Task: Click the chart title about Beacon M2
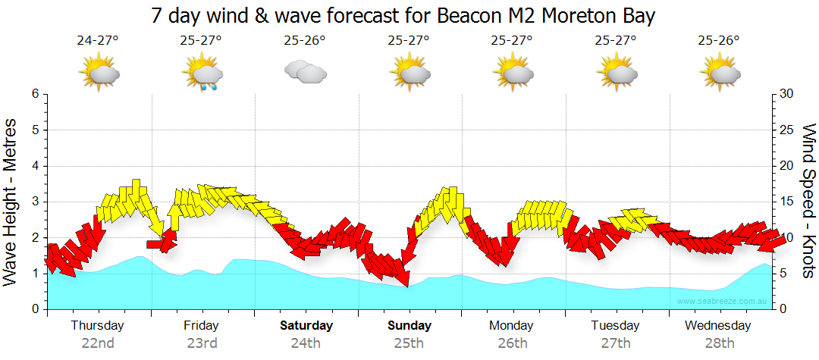click(x=403, y=15)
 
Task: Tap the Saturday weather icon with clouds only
click(x=305, y=73)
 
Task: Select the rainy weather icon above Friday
click(x=202, y=74)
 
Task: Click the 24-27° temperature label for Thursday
click(x=98, y=40)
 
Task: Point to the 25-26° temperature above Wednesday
click(x=719, y=40)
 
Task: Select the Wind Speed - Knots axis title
click(x=807, y=201)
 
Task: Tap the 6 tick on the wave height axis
click(x=34, y=94)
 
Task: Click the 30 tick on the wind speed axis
click(x=787, y=94)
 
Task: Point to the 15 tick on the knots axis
click(x=787, y=202)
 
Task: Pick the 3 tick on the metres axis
click(x=34, y=202)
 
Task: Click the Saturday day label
click(x=306, y=326)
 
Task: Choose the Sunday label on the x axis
click(x=409, y=326)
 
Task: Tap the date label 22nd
click(x=98, y=343)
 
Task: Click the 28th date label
click(x=719, y=343)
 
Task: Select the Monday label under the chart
click(x=512, y=326)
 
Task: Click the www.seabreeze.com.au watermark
click(x=723, y=301)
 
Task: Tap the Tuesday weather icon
click(x=617, y=73)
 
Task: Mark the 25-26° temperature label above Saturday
click(x=305, y=40)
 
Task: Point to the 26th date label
click(x=512, y=343)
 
